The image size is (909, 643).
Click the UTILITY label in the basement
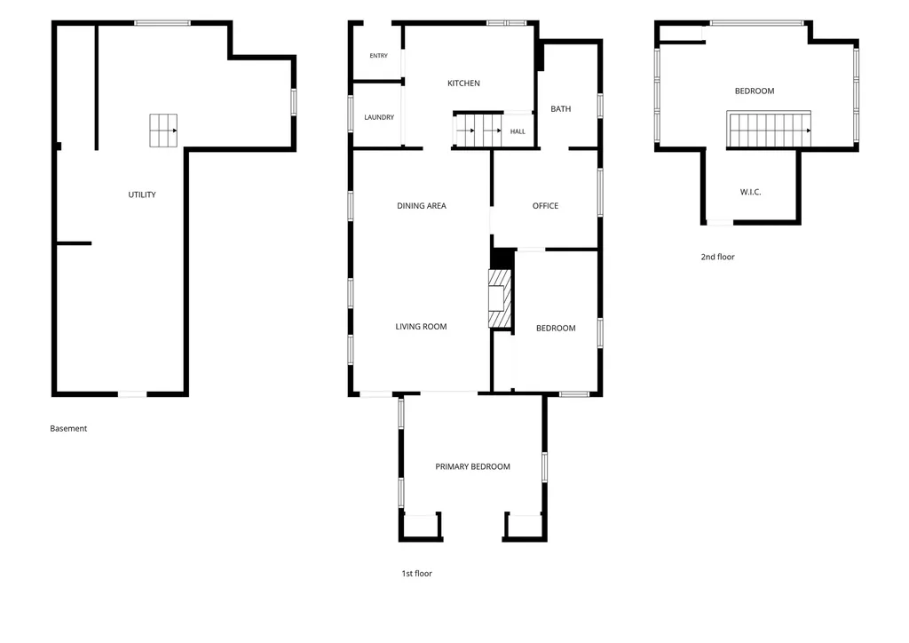pos(142,194)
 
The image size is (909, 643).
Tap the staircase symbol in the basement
pos(163,131)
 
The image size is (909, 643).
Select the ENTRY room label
pos(378,56)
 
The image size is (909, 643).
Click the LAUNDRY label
pos(379,117)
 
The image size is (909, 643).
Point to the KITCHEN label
pos(463,83)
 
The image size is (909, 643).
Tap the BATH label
pos(561,109)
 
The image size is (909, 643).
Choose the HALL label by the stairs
pos(518,131)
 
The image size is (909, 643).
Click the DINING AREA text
pos(422,206)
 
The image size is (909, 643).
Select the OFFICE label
pos(546,206)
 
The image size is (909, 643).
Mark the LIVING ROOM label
pos(421,327)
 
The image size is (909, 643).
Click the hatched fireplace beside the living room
pos(500,298)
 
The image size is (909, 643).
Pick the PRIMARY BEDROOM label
pos(472,467)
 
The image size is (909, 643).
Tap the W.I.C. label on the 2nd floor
pos(750,192)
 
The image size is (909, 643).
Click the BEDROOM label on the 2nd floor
pos(755,91)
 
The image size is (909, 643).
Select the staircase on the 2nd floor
pos(769,130)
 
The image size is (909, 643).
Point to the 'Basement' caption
pos(68,428)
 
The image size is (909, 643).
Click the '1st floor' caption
pos(417,574)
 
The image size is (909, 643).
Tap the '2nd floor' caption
pos(717,257)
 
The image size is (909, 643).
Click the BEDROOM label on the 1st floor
pos(556,329)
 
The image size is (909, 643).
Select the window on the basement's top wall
pos(162,23)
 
